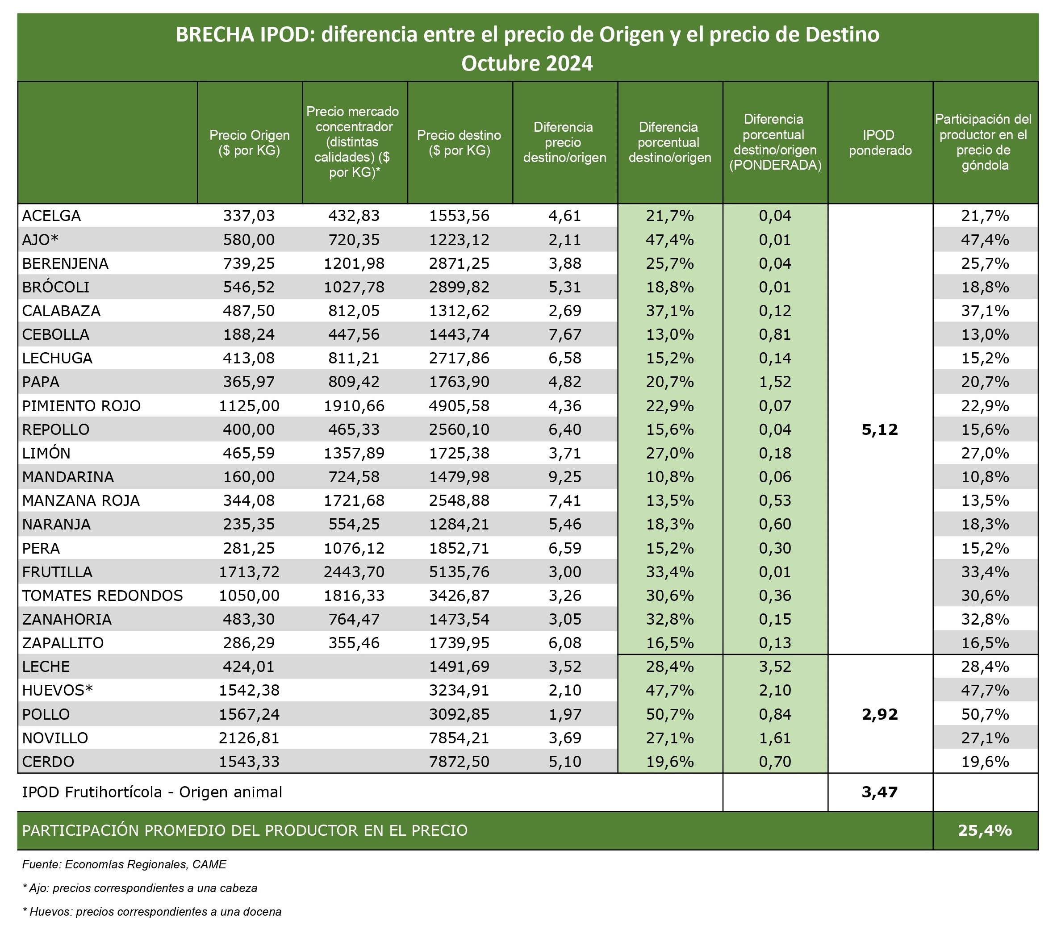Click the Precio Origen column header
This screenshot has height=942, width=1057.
(250, 143)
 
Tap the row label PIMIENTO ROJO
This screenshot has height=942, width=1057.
(81, 405)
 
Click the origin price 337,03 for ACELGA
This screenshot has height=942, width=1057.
(249, 215)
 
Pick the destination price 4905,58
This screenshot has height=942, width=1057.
(459, 405)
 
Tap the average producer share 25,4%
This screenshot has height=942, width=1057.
(985, 830)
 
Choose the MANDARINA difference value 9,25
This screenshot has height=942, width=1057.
(565, 477)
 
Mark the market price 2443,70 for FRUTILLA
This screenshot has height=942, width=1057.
(354, 572)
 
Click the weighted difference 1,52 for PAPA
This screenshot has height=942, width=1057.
(775, 382)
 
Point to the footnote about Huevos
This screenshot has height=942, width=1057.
(152, 912)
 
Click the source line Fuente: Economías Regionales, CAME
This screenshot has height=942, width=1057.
(124, 864)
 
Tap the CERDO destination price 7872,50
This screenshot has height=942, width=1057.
(459, 761)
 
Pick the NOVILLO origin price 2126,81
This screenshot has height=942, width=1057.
(249, 738)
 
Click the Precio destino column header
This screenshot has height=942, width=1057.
(459, 143)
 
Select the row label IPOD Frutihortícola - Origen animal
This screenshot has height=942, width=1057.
(152, 792)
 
